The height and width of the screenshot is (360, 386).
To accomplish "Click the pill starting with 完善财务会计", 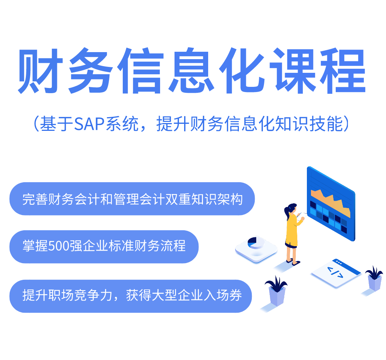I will coord(132,199).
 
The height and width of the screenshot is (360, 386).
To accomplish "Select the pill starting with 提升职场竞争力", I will coord(131,296).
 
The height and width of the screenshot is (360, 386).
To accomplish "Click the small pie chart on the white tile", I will coord(254,242).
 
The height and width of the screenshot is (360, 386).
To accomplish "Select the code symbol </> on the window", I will coord(335,274).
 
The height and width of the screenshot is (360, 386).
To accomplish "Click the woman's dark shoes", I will coord(295,263).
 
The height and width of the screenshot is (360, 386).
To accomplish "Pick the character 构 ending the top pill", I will coord(237,199).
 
